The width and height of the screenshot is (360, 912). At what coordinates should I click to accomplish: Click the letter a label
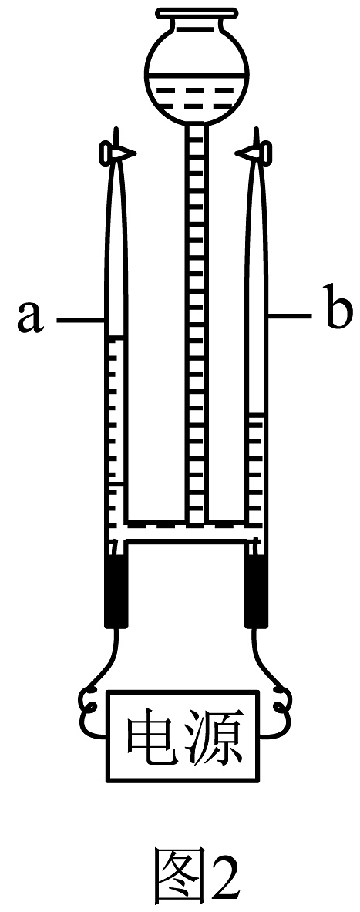tap(30, 318)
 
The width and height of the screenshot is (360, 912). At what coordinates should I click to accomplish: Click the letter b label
tap(338, 311)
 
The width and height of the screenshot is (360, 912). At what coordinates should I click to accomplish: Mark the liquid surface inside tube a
tap(116, 338)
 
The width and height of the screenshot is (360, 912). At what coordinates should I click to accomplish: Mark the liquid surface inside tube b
tap(257, 415)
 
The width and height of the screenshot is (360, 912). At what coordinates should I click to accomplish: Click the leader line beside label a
tap(79, 318)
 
